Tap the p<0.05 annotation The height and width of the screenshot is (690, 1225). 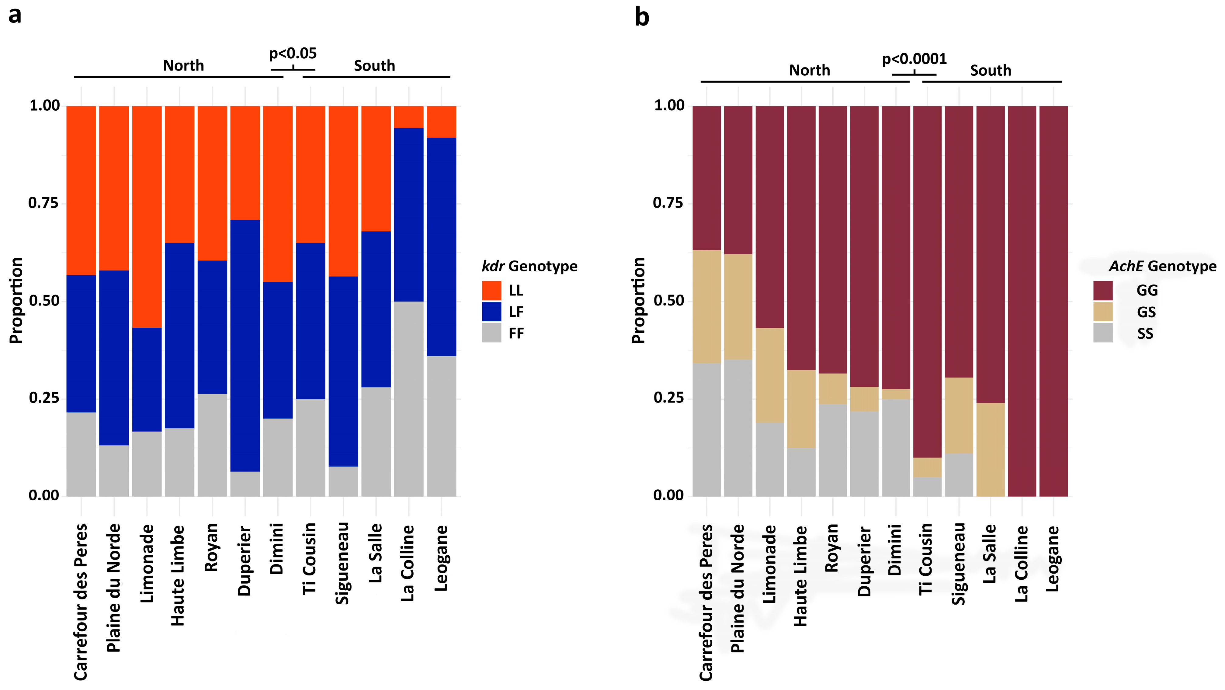click(x=293, y=53)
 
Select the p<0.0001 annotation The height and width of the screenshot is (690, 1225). click(x=914, y=59)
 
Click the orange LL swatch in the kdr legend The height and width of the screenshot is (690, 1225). click(x=491, y=290)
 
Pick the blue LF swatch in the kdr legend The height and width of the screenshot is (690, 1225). click(x=491, y=312)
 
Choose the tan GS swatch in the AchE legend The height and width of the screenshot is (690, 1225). click(x=1102, y=312)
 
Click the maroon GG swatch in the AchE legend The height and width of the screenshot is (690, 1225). click(x=1102, y=290)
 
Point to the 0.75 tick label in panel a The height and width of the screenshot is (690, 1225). click(x=43, y=203)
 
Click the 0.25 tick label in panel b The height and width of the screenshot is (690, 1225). click(x=668, y=398)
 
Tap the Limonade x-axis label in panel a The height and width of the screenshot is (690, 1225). click(x=147, y=563)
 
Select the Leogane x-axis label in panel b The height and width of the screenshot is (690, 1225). click(x=1053, y=558)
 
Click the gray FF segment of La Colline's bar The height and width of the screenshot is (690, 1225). click(x=408, y=399)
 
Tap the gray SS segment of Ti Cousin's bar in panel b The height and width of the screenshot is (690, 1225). click(x=927, y=487)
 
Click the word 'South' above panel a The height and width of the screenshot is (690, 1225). click(x=374, y=66)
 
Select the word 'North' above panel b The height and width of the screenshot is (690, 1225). click(x=809, y=70)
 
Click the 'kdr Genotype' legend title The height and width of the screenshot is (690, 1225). click(x=529, y=266)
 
